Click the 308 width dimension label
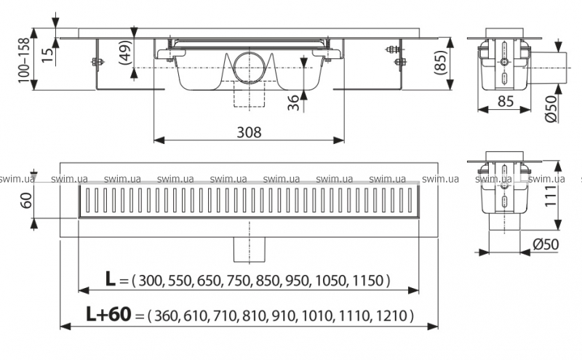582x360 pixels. tap(249, 132)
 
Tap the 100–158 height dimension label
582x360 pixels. tap(24, 60)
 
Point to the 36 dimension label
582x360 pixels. tap(293, 103)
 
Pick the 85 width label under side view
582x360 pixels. tap(505, 101)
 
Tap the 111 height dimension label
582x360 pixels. tap(550, 196)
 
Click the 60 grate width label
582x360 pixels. tap(25, 200)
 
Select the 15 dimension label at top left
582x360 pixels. tap(47, 55)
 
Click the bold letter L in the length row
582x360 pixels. tap(111, 279)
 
